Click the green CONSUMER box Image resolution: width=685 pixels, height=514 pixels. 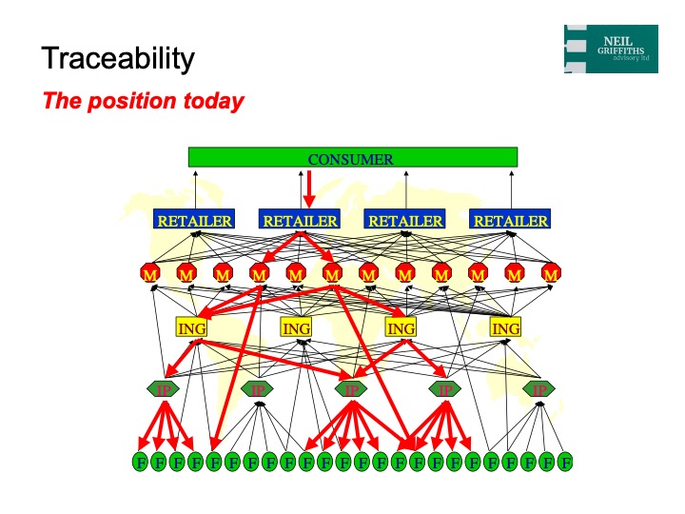(x=352, y=158)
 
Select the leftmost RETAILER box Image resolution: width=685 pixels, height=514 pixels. (x=195, y=221)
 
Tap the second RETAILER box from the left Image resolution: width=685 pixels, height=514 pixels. (x=301, y=221)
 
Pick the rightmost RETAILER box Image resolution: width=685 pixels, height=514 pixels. (x=511, y=221)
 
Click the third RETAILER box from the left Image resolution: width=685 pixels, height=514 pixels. (x=405, y=221)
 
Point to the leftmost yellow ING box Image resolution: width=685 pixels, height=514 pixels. (x=191, y=328)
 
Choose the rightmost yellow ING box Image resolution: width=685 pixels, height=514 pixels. (x=505, y=328)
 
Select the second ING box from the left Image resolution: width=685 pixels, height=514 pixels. (x=296, y=328)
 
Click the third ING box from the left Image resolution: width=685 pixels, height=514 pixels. (x=401, y=328)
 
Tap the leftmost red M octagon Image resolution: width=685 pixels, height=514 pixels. (x=149, y=274)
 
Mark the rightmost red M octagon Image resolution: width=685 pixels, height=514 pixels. (x=550, y=274)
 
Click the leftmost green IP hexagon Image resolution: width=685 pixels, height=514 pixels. (x=163, y=389)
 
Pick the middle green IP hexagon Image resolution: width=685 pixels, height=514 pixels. (x=351, y=389)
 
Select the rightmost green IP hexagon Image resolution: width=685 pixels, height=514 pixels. (x=539, y=389)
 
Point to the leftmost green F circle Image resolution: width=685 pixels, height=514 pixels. (x=140, y=463)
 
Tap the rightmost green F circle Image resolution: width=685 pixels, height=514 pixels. (x=565, y=463)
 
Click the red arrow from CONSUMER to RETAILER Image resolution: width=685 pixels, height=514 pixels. (x=309, y=187)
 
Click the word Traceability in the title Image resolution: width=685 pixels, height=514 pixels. (x=118, y=59)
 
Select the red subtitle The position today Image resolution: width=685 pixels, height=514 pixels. (x=143, y=101)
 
